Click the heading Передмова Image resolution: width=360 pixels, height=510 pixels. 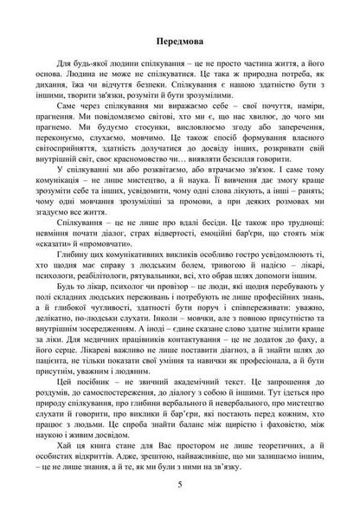point(179,41)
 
